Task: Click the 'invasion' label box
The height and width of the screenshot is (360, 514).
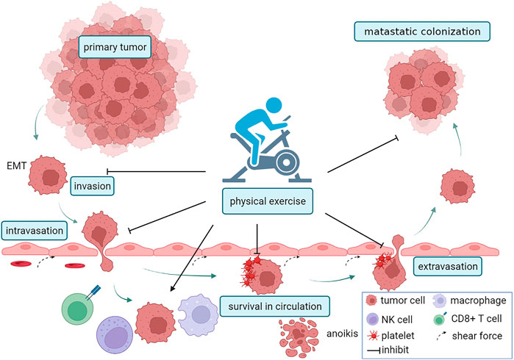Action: click(x=92, y=186)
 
